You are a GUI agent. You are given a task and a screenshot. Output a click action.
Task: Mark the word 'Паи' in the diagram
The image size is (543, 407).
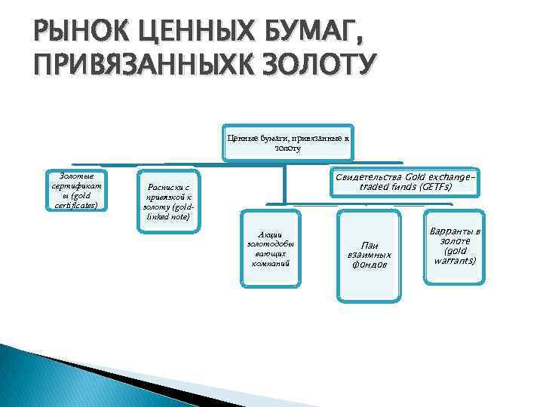(370, 245)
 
